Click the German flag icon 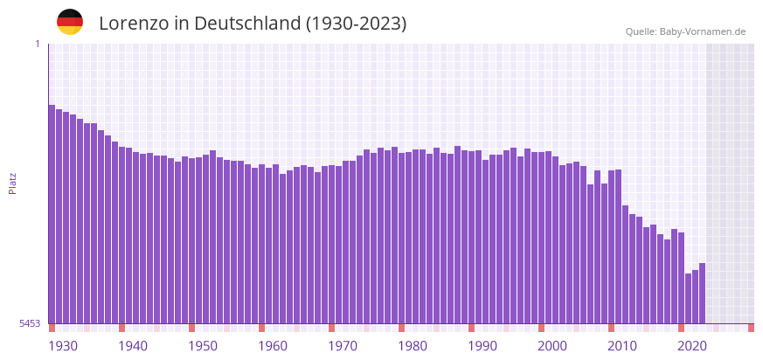coord(70,23)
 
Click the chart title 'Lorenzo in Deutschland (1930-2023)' coord(253,24)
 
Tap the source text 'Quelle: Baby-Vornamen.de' coord(685,31)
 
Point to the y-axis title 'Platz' coord(12,183)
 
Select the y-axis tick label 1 coord(37,44)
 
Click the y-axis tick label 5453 coord(30,323)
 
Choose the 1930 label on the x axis coord(63,346)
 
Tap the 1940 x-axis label coord(133,346)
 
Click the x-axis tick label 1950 coord(203,346)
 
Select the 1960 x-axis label coord(273,346)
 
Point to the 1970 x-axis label coord(343,346)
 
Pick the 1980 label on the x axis coord(413,346)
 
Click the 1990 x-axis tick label coord(482,346)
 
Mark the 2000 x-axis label coord(552,346)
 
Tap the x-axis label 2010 coord(622,346)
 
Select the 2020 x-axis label coord(692,346)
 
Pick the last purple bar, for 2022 coord(702,293)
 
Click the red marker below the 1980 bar coord(401,328)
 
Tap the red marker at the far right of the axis coord(751,328)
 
